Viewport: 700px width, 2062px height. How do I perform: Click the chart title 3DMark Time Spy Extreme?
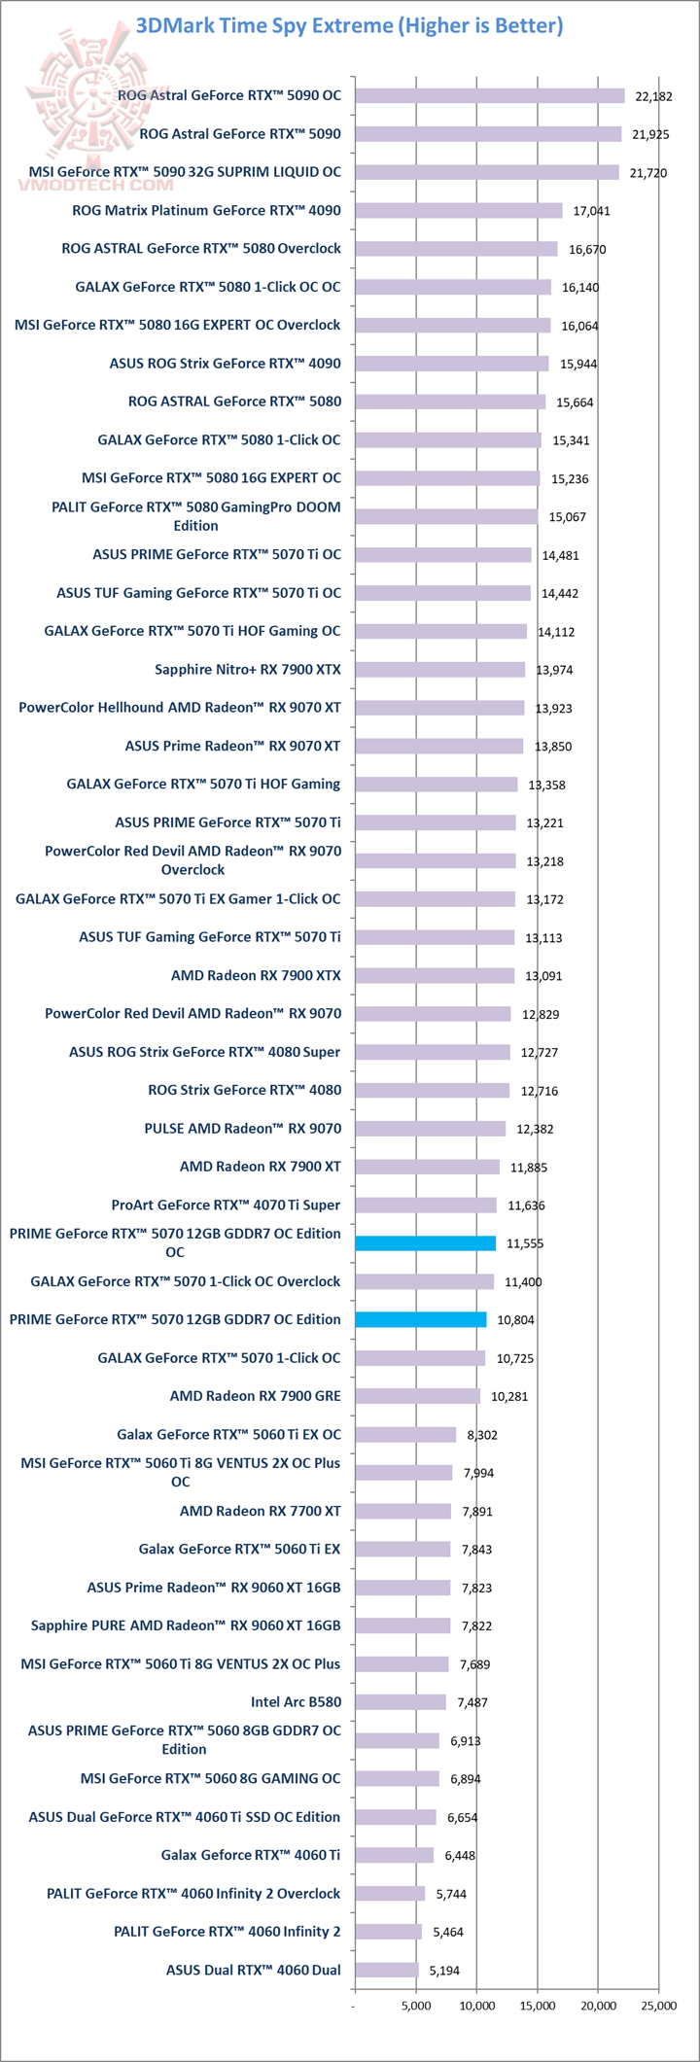pyautogui.click(x=350, y=25)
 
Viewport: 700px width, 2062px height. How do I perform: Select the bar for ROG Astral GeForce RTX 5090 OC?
pyautogui.click(x=490, y=95)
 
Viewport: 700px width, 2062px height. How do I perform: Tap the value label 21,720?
pyautogui.click(x=649, y=172)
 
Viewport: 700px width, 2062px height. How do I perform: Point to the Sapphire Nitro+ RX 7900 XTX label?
pyautogui.click(x=248, y=669)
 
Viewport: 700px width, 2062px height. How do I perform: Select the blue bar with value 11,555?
pyautogui.click(x=426, y=1242)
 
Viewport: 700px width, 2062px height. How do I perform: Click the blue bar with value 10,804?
pyautogui.click(x=421, y=1319)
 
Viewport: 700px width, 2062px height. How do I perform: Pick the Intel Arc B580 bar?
pyautogui.click(x=401, y=1701)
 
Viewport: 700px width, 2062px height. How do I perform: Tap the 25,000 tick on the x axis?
pyautogui.click(x=658, y=2006)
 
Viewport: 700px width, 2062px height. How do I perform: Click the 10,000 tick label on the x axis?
pyautogui.click(x=477, y=2006)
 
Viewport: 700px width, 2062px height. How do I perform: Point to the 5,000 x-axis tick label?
pyautogui.click(x=416, y=2006)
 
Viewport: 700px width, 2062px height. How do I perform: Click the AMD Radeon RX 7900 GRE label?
pyautogui.click(x=256, y=1396)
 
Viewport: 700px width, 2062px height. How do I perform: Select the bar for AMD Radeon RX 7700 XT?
pyautogui.click(x=403, y=1511)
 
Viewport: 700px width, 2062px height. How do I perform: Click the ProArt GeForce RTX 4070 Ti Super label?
pyautogui.click(x=226, y=1205)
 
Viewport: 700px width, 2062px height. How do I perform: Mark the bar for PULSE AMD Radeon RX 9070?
pyautogui.click(x=431, y=1128)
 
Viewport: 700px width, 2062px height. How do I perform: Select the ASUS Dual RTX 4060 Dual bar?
pyautogui.click(x=387, y=1970)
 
